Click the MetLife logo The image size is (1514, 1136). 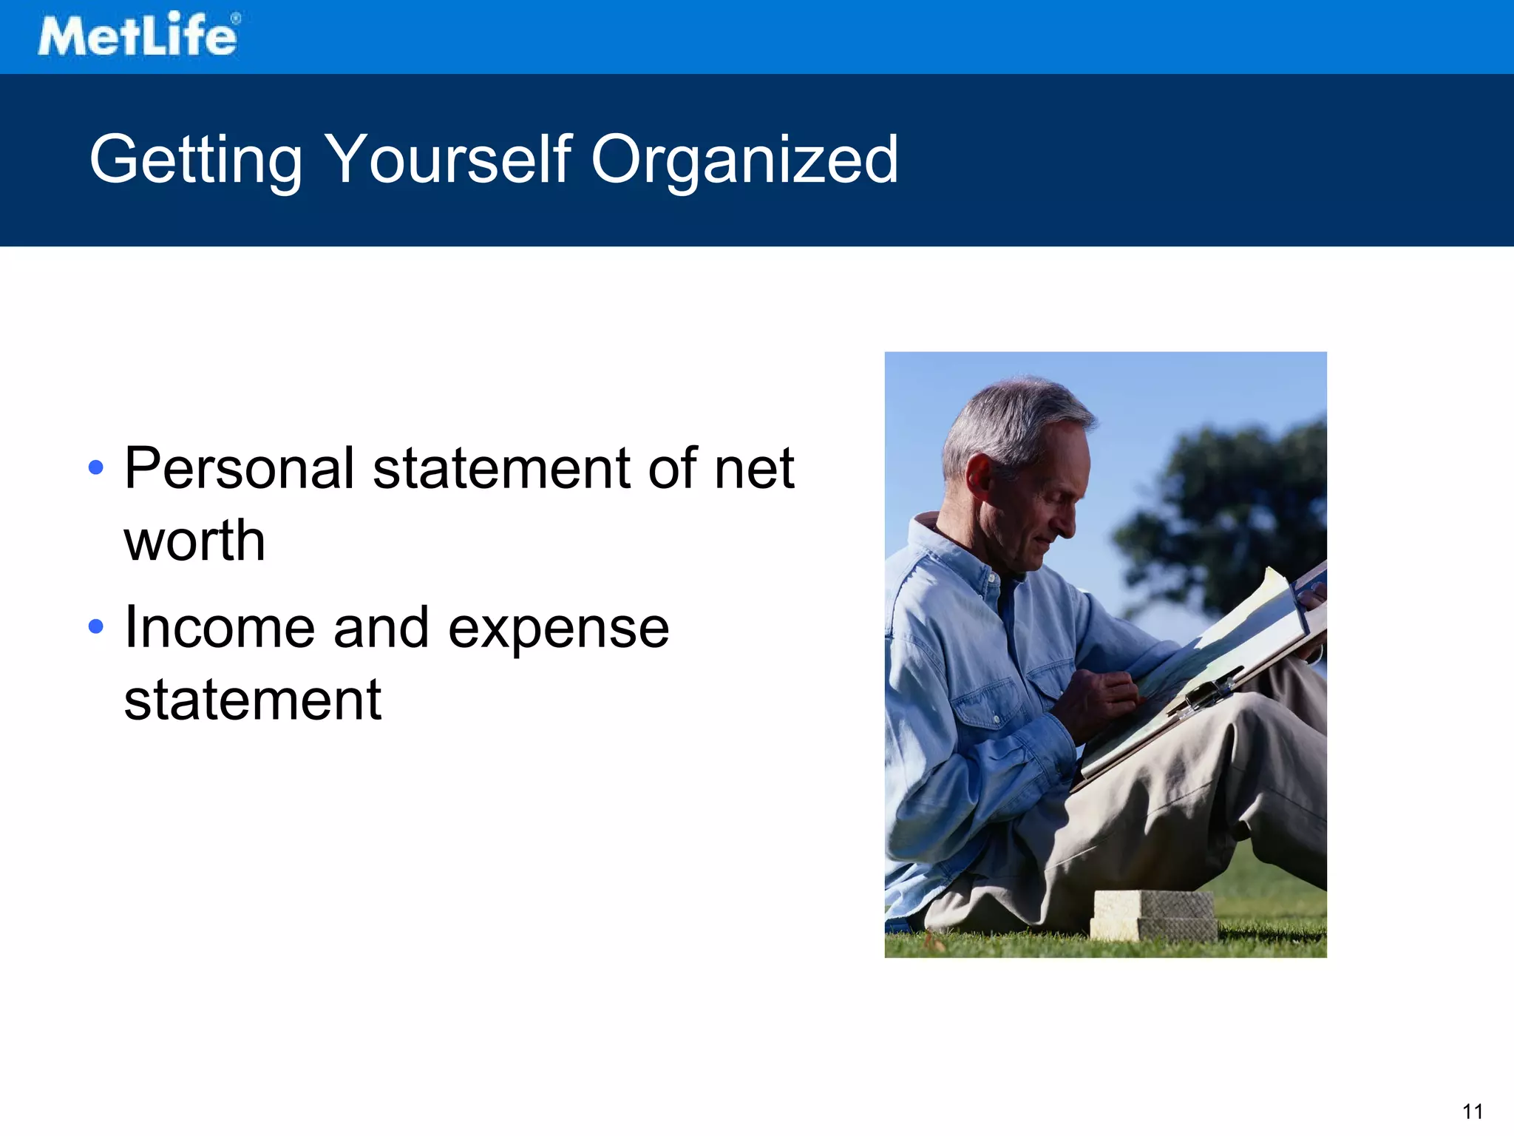[138, 35]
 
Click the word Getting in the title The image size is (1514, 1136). [196, 160]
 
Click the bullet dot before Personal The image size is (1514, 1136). [96, 467]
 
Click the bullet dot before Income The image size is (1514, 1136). [96, 626]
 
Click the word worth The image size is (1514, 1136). [194, 540]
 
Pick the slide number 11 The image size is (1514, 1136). [1472, 1112]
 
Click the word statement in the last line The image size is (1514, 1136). [252, 700]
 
